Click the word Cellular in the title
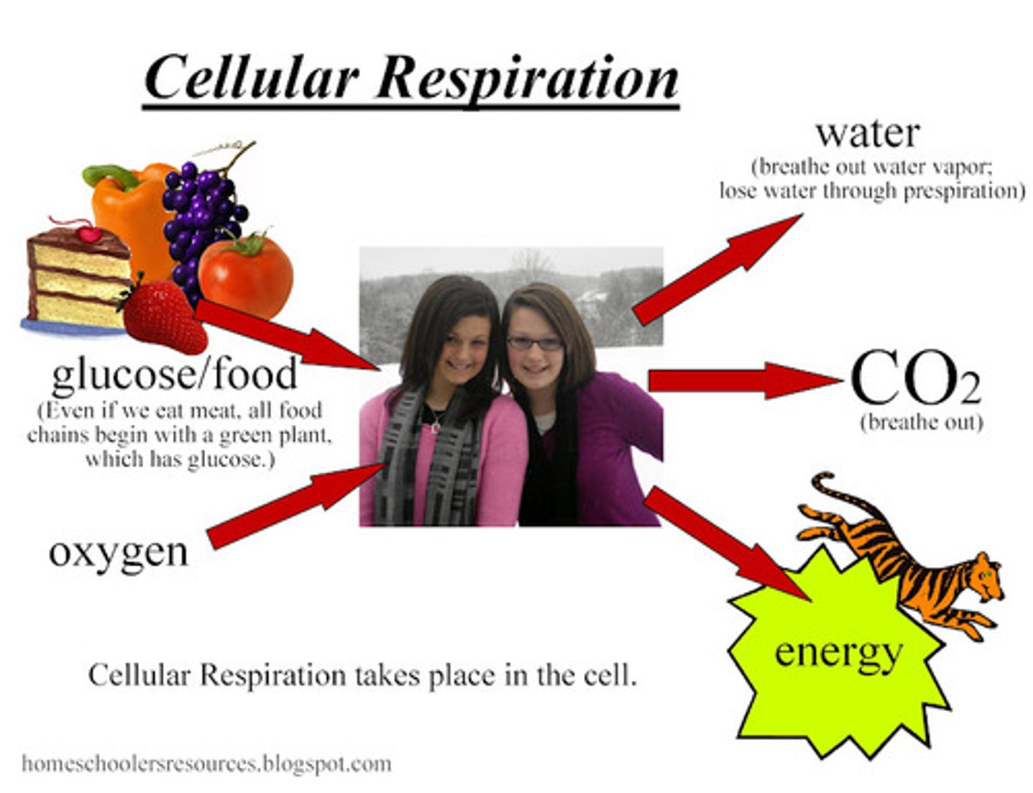[251, 78]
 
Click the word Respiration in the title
[527, 78]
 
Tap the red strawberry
[164, 316]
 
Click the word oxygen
[118, 553]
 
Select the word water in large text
[867, 133]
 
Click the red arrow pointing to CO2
[739, 380]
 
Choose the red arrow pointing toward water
[717, 269]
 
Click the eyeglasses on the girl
[534, 343]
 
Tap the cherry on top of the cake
[89, 233]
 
